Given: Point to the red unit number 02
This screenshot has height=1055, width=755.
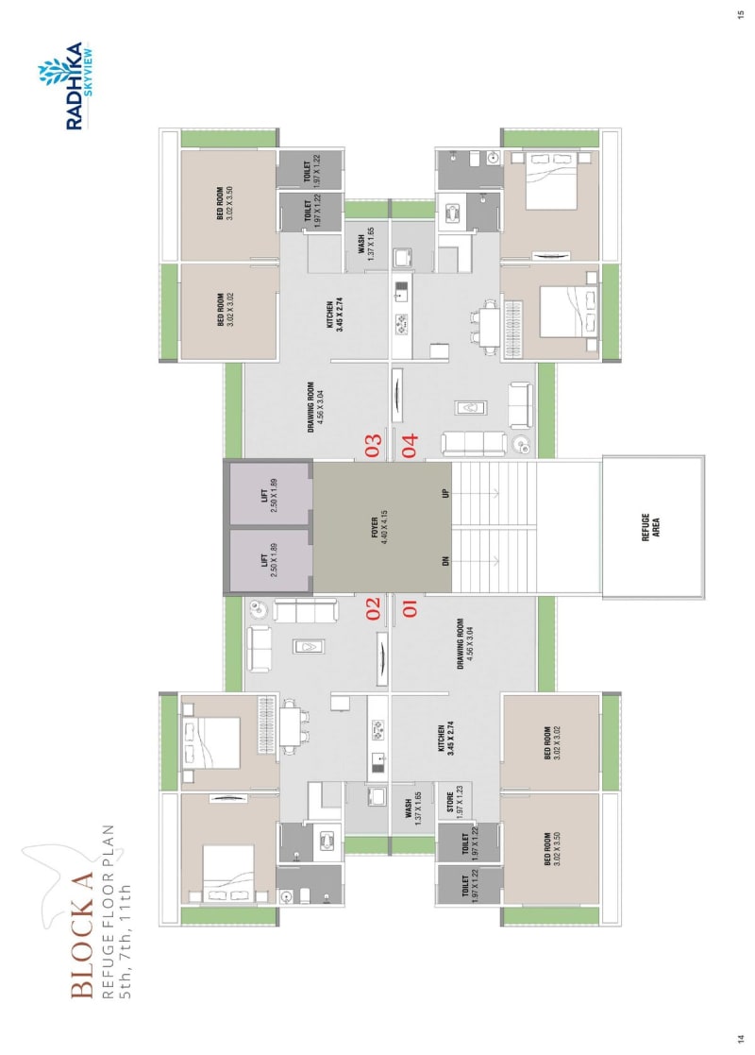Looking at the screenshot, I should (x=373, y=607).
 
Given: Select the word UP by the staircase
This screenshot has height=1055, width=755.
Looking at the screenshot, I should (x=445, y=494).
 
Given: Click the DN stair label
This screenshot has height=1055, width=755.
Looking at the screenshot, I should (x=445, y=560).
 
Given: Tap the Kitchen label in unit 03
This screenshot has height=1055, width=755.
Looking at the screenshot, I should (x=333, y=316).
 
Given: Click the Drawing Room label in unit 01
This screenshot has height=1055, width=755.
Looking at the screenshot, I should (x=464, y=645).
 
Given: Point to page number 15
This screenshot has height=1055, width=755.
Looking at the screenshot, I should (x=739, y=13).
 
